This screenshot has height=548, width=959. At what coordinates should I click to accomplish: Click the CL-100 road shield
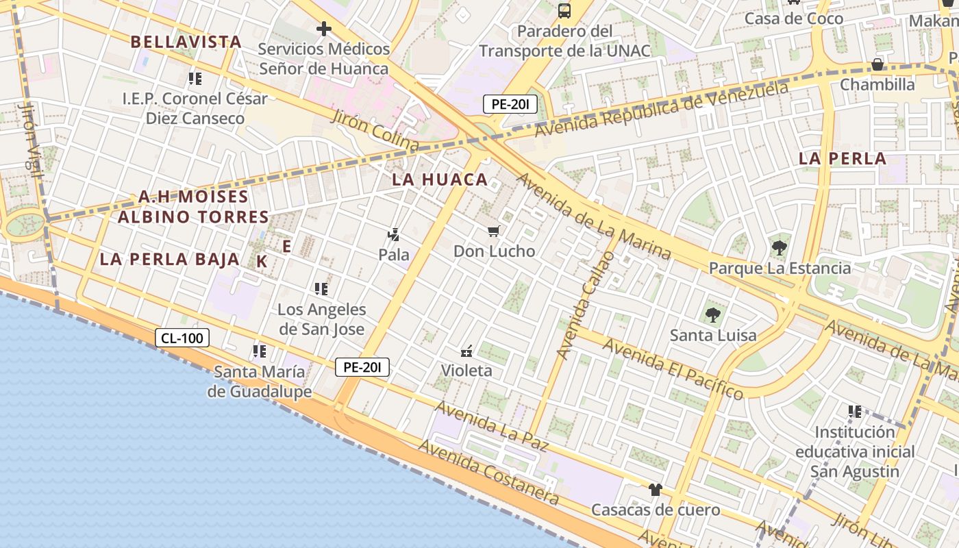(182, 338)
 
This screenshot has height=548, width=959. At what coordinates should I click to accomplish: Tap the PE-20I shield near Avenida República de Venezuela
(510, 104)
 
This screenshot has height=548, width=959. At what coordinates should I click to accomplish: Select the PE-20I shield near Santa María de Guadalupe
(362, 367)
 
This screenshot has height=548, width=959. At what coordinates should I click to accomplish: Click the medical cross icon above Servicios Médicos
(324, 29)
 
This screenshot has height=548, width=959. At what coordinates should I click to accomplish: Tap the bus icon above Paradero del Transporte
(564, 11)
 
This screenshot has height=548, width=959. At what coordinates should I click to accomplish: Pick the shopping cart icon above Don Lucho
(494, 231)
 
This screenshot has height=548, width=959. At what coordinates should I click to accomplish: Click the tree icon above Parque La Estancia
(779, 248)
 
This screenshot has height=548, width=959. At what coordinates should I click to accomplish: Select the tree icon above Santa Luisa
(713, 315)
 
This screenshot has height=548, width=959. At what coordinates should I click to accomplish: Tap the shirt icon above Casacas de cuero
(656, 490)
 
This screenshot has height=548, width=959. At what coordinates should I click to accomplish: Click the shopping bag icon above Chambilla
(877, 65)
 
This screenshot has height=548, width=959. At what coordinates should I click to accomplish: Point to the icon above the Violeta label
(466, 351)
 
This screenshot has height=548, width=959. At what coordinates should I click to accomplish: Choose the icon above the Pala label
(393, 235)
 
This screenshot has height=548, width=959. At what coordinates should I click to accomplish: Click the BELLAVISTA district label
(186, 42)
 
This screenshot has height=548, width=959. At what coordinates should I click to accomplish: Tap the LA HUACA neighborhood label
(440, 179)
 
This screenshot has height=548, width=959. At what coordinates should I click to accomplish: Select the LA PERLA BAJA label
(169, 259)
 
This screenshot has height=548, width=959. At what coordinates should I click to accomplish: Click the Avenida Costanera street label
(488, 473)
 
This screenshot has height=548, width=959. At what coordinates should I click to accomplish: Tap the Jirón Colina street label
(375, 131)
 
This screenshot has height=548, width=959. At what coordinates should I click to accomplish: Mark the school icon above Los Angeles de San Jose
(321, 289)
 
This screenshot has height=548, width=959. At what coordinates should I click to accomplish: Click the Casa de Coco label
(794, 18)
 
